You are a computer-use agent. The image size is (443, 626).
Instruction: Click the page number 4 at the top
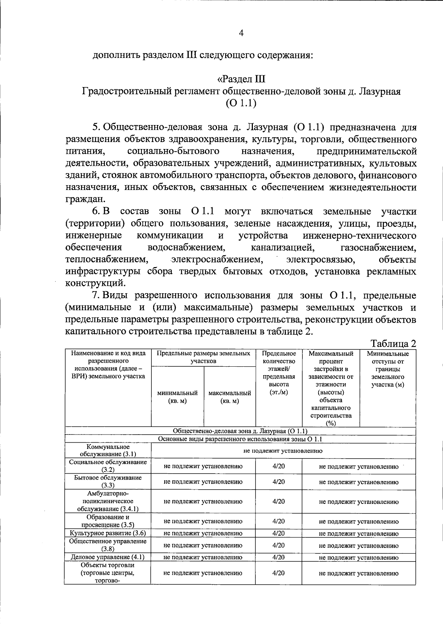pos(241,33)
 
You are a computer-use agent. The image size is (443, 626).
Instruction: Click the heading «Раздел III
pos(241,79)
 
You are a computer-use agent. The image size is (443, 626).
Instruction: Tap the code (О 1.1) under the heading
pos(241,103)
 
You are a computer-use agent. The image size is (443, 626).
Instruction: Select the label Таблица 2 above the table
pos(393,343)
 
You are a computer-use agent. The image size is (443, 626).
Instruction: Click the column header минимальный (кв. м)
pos(177,397)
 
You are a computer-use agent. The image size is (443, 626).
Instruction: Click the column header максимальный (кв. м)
pos(230,397)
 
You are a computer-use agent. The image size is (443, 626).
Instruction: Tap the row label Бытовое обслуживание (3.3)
pos(108,481)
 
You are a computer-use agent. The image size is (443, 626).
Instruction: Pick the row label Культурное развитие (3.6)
pos(108,533)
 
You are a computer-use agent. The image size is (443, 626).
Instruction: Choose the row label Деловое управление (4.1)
pos(107,557)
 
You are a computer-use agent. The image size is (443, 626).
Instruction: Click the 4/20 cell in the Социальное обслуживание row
pos(279,466)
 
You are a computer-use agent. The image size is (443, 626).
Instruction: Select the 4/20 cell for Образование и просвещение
pos(279,521)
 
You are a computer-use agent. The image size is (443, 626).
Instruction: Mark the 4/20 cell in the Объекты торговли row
pos(279,573)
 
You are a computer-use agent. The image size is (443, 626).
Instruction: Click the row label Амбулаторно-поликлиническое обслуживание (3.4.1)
pos(108,501)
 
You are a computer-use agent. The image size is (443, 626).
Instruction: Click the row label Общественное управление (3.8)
pos(108,545)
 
